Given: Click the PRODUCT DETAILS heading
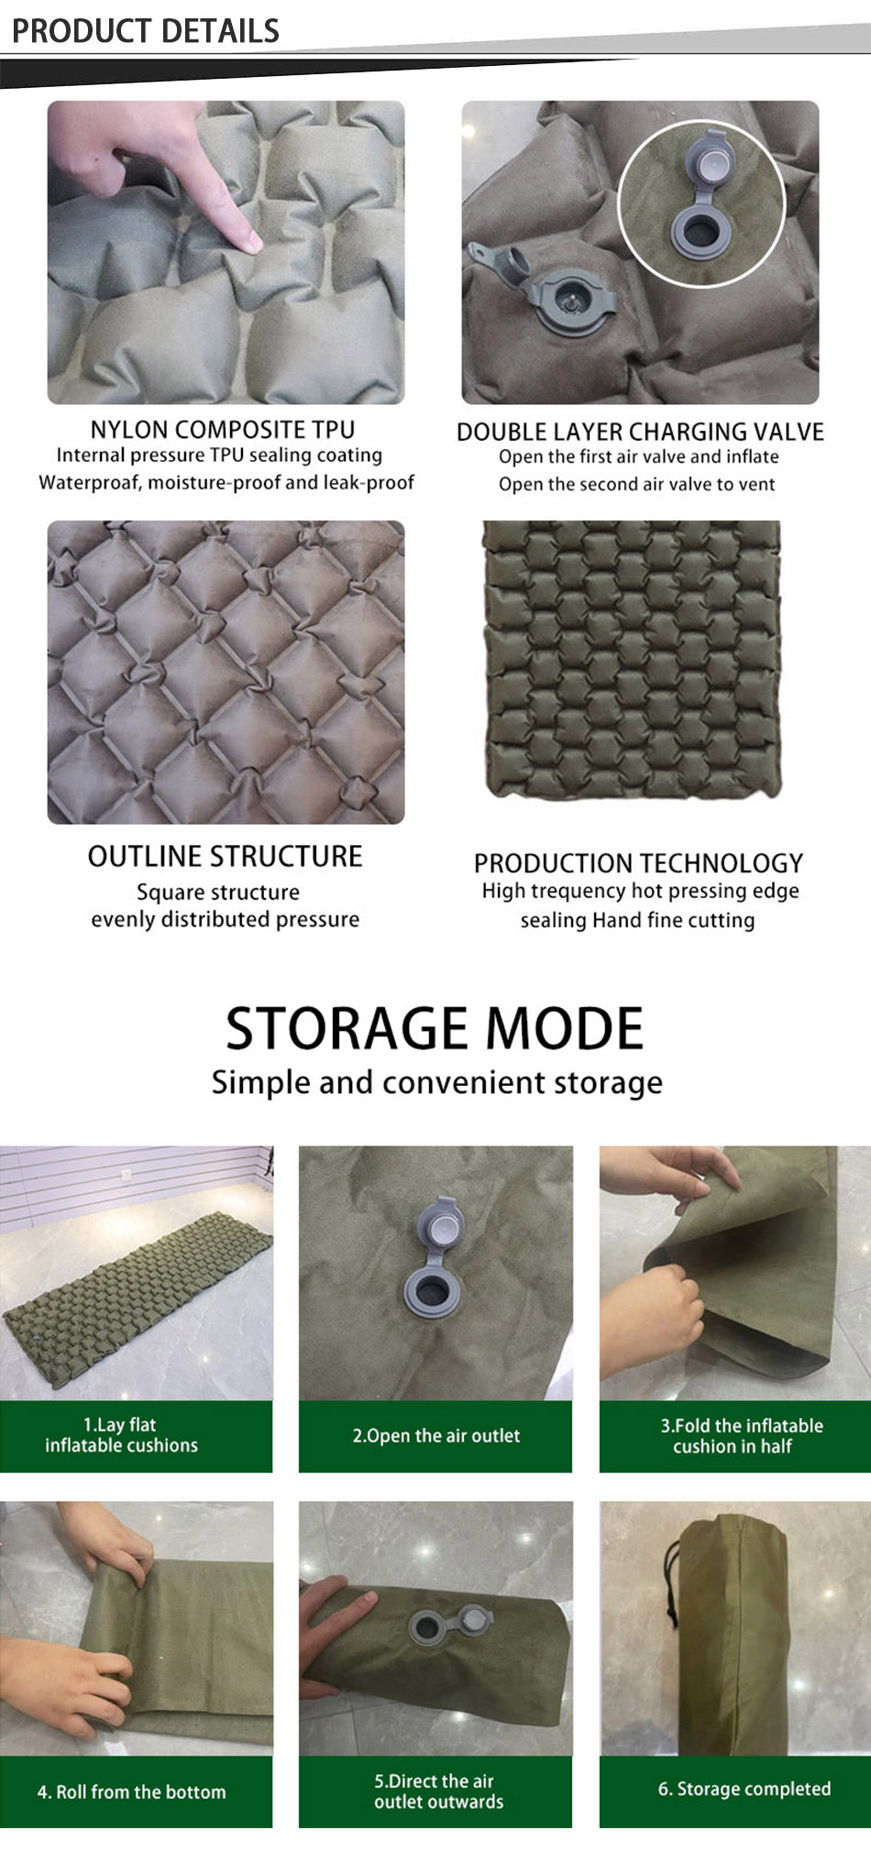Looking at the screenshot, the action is click(x=145, y=30).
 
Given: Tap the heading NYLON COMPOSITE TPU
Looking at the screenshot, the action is click(x=222, y=429).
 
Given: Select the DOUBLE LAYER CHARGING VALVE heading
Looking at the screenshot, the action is click(x=640, y=432).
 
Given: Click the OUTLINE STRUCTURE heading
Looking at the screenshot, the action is click(x=225, y=856).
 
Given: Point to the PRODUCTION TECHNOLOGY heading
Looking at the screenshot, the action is click(x=638, y=863).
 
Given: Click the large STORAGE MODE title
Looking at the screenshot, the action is click(x=435, y=1028).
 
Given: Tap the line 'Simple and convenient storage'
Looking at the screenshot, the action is click(x=436, y=1082).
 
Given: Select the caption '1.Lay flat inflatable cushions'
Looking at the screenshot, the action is click(x=121, y=1435).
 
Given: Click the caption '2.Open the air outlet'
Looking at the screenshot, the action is click(x=435, y=1436).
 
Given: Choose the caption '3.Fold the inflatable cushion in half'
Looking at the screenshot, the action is click(x=741, y=1436).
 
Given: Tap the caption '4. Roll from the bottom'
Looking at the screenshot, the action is click(x=131, y=1792).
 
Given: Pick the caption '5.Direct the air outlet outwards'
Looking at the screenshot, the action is click(x=438, y=1792).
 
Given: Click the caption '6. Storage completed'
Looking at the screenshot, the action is click(x=744, y=1789).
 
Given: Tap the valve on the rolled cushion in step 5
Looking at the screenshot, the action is click(x=449, y=1627).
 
